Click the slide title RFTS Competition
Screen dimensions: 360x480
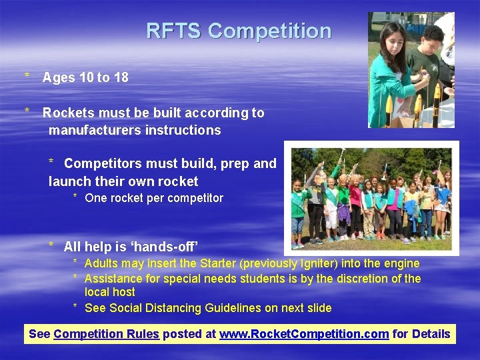point(239,31)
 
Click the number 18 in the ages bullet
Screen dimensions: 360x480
point(121,77)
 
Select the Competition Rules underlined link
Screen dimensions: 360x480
point(106,334)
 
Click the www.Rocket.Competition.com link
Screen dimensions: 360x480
point(304,334)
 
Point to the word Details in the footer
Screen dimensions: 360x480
point(431,334)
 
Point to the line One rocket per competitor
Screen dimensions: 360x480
point(154,198)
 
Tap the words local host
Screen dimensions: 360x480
point(110,292)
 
